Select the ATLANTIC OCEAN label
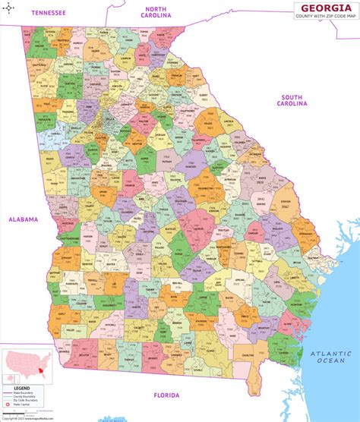pyautogui.click(x=333, y=357)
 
